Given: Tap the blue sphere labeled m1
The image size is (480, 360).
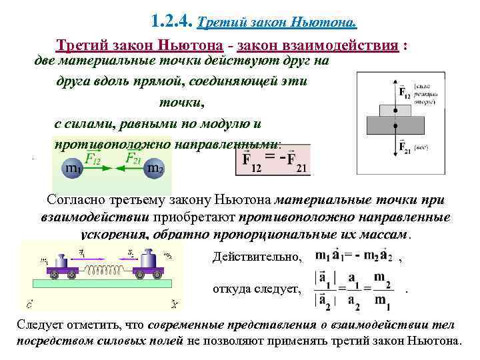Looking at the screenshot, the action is point(72,168).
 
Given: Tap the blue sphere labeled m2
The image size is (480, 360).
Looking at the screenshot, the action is point(155,168).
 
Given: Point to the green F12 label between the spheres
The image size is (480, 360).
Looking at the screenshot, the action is point(93,158).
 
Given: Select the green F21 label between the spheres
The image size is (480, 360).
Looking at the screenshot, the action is point(133,158).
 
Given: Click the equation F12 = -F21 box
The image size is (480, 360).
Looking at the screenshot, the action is point(273,160).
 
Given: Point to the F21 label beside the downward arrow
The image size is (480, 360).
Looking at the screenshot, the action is point(405,147).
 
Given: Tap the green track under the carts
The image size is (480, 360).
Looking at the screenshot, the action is point(100,285).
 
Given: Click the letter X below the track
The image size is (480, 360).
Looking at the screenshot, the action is point(173,305).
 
